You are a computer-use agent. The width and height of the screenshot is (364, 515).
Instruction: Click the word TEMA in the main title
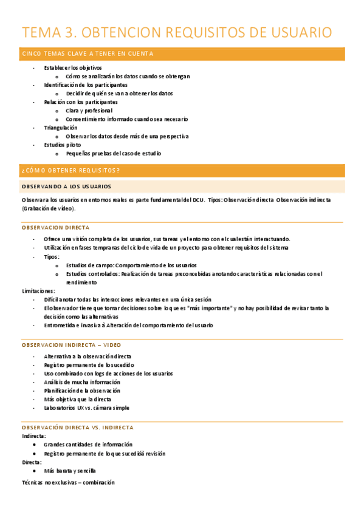[x=43, y=32]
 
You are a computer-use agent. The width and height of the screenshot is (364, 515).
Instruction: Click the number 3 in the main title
[x=71, y=32]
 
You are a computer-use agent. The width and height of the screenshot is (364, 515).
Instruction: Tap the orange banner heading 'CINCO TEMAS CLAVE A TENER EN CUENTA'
[x=88, y=54]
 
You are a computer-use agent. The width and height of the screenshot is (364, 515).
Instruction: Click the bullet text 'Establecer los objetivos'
[x=73, y=68]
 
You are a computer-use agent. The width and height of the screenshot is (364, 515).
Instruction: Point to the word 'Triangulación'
[x=61, y=128]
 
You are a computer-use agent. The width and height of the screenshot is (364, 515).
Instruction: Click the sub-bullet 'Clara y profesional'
[x=89, y=111]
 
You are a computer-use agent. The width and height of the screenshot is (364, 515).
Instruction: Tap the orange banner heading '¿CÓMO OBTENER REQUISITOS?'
[x=70, y=171]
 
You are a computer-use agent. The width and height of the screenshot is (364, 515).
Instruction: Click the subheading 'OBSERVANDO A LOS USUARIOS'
[x=66, y=186]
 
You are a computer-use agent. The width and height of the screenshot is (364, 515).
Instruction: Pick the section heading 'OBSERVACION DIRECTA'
[x=55, y=227]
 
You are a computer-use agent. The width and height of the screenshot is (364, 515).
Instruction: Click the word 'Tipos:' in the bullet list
[x=52, y=256]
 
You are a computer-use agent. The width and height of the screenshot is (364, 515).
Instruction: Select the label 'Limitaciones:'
[x=38, y=291]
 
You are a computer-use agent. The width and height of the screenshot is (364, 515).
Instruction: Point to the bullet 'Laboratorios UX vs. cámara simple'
[x=87, y=408]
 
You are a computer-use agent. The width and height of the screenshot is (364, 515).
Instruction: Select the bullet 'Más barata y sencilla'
[x=70, y=471]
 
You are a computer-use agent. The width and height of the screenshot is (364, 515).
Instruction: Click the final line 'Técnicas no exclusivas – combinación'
[x=68, y=482]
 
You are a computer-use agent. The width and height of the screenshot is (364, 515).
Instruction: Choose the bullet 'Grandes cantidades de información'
[x=88, y=445]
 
